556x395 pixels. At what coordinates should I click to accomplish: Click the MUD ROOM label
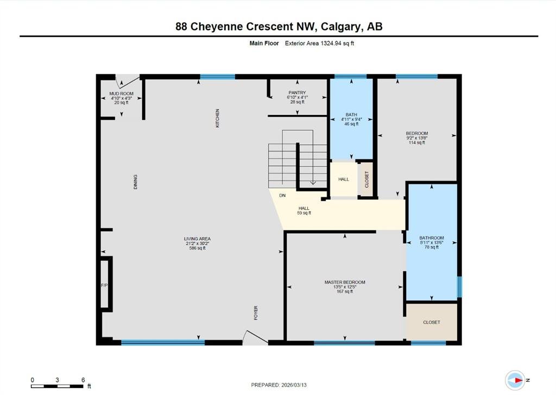tap(121, 93)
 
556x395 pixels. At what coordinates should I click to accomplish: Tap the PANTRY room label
tap(297, 92)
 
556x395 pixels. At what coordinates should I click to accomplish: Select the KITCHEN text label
tap(217, 118)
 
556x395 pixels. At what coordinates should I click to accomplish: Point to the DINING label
tap(135, 182)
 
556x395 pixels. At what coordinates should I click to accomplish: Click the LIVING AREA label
tap(197, 239)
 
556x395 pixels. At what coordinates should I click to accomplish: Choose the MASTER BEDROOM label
tap(345, 282)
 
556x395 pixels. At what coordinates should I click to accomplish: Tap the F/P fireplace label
tap(104, 285)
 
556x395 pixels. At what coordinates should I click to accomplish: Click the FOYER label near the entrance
tap(256, 313)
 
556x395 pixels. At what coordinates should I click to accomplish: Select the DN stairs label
tap(282, 195)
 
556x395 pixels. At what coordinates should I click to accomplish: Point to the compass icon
tap(515, 380)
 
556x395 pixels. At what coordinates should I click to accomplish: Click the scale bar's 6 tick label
tap(83, 380)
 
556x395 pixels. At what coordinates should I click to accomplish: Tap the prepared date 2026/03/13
tap(294, 385)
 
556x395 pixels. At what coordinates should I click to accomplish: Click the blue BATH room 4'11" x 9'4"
tap(351, 119)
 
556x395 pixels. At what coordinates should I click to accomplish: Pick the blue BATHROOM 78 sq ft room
tap(432, 243)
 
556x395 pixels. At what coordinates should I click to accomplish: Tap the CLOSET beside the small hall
tap(367, 179)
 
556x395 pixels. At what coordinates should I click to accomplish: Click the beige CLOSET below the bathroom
tap(432, 322)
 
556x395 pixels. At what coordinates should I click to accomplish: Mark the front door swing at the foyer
tap(255, 337)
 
